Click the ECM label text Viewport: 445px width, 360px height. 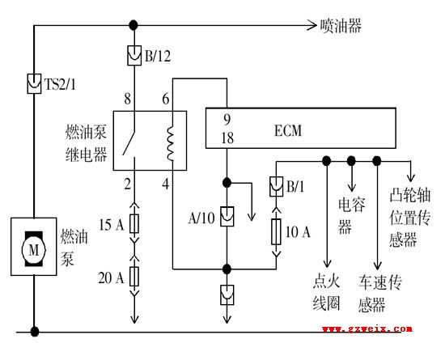(x=288, y=130)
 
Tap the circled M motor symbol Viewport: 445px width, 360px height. (x=34, y=249)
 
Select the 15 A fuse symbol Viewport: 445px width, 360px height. (x=134, y=223)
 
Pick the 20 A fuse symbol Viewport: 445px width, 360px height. (x=134, y=277)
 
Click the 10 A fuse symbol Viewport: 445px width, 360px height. (x=276, y=231)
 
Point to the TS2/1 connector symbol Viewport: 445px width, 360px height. (x=34, y=83)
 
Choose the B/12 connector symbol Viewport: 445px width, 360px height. (x=134, y=55)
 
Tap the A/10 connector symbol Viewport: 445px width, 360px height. (x=227, y=217)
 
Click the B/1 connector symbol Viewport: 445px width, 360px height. (x=276, y=186)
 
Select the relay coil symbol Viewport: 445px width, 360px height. (x=170, y=143)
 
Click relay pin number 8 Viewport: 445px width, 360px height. (x=127, y=99)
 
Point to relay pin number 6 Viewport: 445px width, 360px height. (x=166, y=99)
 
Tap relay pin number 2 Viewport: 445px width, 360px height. (x=127, y=184)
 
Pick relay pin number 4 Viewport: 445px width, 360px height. (x=166, y=184)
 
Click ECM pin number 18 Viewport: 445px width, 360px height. (x=227, y=138)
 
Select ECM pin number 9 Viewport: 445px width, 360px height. (x=227, y=120)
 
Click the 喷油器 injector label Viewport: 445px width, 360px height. (x=341, y=26)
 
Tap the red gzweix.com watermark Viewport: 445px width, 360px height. (x=367, y=328)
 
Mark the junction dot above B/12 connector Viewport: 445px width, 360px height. (x=133, y=25)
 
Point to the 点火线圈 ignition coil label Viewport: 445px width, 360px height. (x=326, y=293)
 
